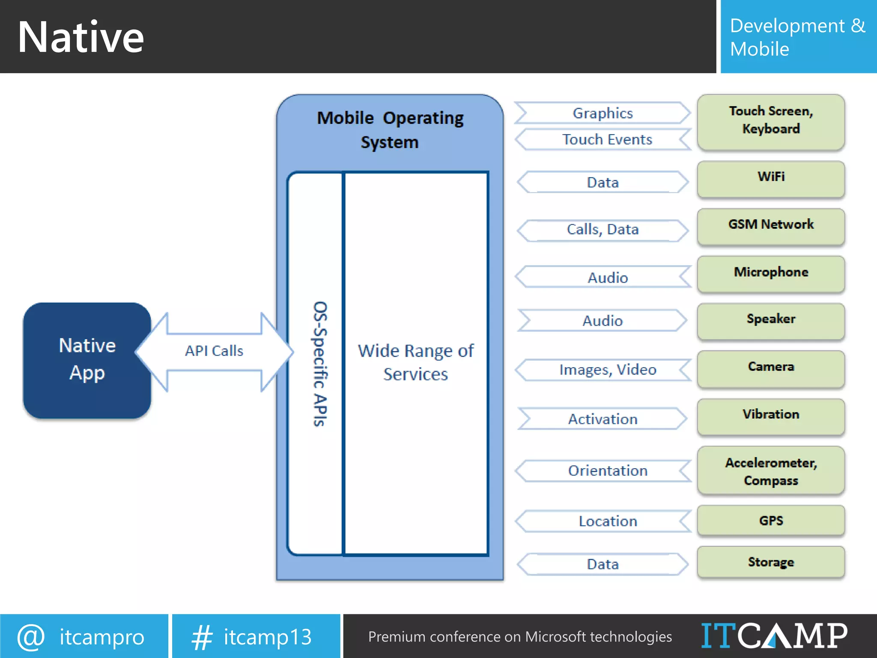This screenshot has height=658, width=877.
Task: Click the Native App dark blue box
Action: click(x=87, y=360)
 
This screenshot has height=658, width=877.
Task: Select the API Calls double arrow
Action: click(x=214, y=351)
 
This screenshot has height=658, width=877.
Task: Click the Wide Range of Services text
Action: click(x=415, y=362)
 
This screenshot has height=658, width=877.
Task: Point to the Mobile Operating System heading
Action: click(x=390, y=129)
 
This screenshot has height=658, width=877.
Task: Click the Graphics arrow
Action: click(x=603, y=113)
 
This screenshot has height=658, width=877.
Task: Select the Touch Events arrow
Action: click(x=607, y=140)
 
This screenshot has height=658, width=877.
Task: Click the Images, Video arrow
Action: click(x=607, y=370)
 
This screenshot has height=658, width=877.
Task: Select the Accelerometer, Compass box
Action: click(x=771, y=471)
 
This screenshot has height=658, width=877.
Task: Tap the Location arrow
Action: click(x=607, y=521)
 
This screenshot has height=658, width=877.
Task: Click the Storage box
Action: click(x=771, y=562)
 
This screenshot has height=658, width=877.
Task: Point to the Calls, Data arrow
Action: click(x=603, y=230)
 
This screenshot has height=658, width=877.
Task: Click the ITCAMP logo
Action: click(x=774, y=636)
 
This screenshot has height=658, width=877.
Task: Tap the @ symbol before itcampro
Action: click(x=31, y=637)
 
